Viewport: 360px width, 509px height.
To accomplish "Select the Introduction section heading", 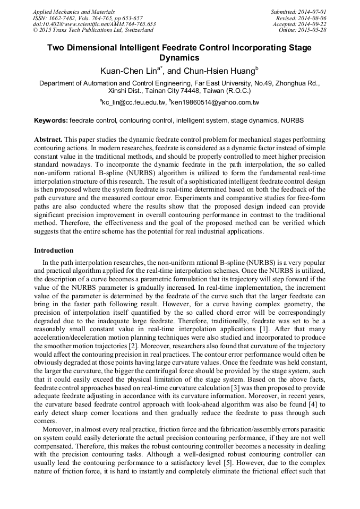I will point(54,250).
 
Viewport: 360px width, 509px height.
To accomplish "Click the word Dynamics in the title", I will point(179,58).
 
